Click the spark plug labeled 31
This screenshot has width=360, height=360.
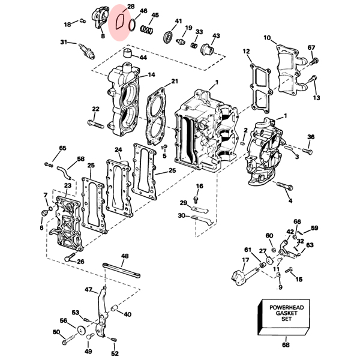tap(87, 51)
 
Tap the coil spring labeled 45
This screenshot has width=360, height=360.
tap(146, 29)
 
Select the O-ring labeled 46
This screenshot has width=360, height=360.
tap(132, 25)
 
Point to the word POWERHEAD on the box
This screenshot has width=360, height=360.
tap(287, 307)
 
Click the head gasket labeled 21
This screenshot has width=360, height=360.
tap(155, 116)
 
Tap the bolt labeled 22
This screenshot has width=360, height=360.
tap(95, 124)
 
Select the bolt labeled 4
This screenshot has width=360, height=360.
tap(284, 185)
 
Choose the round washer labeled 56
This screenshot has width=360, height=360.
tap(80, 330)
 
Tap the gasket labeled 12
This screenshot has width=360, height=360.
tap(261, 89)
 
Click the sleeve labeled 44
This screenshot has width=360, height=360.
tap(128, 53)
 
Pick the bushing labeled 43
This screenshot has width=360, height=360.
tap(207, 49)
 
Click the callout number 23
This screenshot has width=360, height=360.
tap(67, 185)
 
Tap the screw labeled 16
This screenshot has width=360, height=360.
tap(196, 199)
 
